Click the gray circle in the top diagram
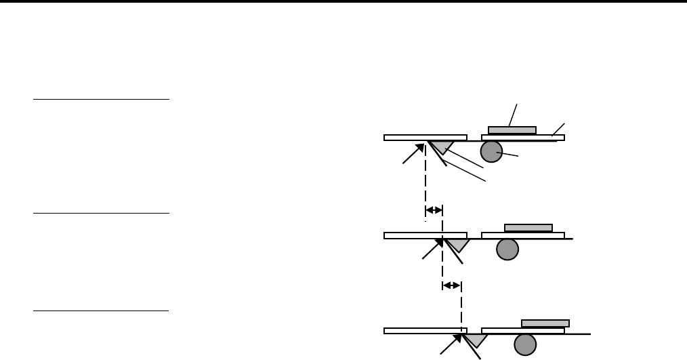coord(491,152)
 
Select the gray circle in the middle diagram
coord(507,249)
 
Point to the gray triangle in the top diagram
coord(442,146)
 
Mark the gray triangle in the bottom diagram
coord(477,339)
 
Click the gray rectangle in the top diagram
coord(512,130)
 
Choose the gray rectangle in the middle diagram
coord(528,228)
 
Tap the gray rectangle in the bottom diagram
coord(545,323)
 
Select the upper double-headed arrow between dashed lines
coord(434,210)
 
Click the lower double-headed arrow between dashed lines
coord(451,286)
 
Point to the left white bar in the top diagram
coord(425,138)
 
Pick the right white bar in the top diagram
coord(522,138)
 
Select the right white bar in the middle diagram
coord(522,235)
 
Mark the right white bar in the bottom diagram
coord(522,331)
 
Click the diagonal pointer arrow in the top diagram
coord(413,153)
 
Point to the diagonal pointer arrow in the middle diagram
coord(432,249)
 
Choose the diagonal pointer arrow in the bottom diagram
coord(450,345)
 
